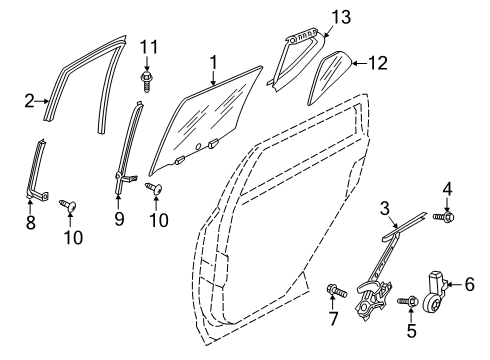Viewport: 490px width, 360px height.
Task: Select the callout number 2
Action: [29, 98]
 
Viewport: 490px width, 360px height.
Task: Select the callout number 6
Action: [468, 285]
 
